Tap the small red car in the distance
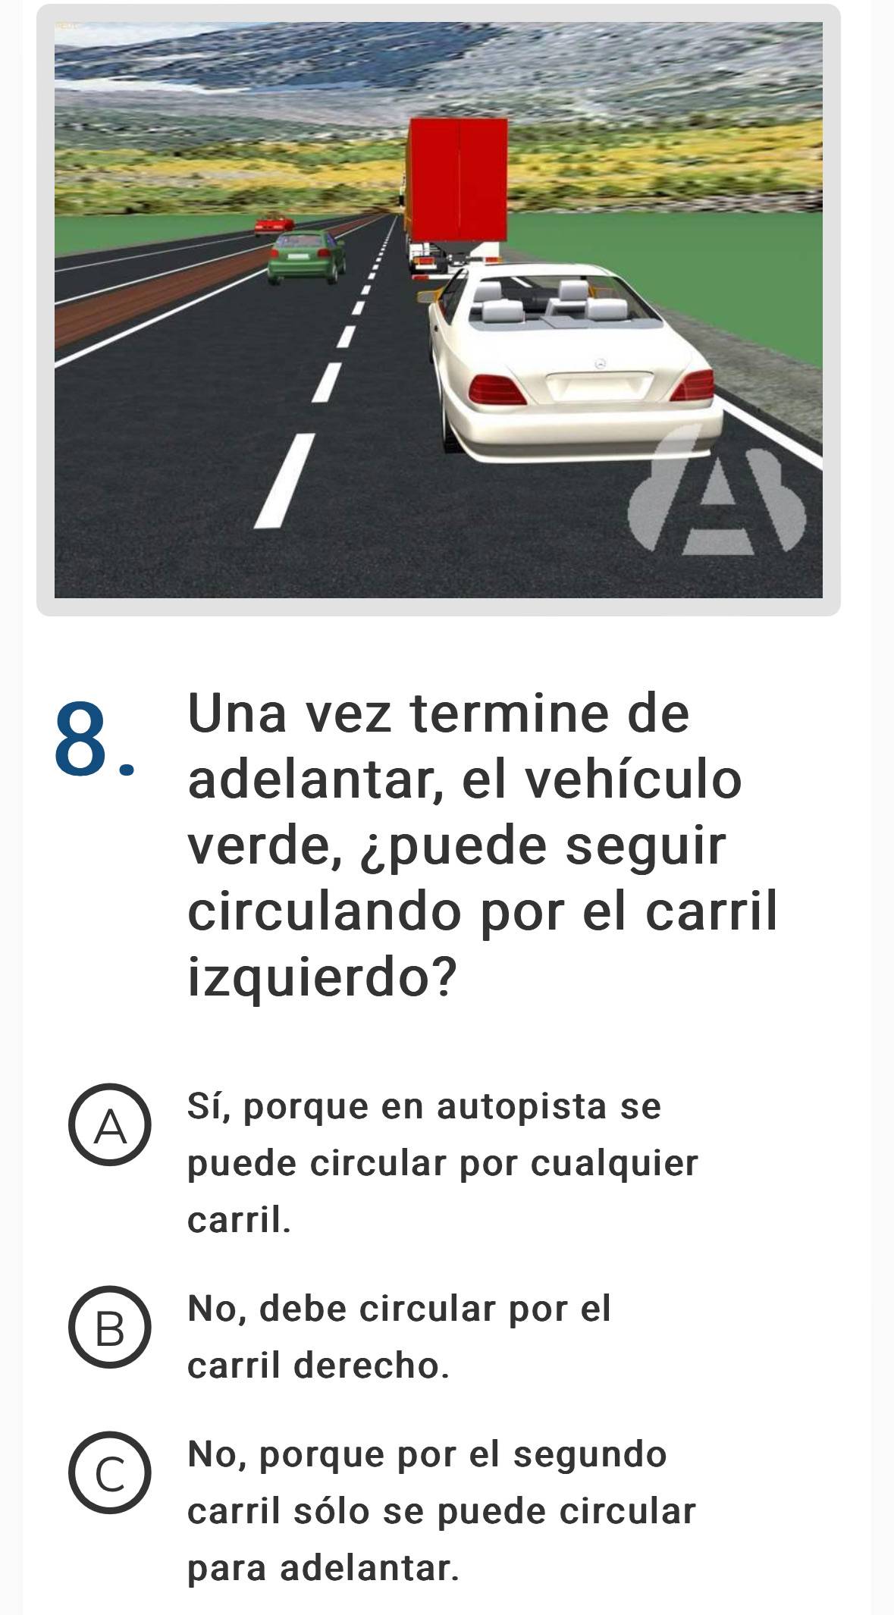[x=273, y=224]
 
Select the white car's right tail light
[x=692, y=386]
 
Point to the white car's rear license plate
[x=599, y=386]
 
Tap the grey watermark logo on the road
[x=717, y=490]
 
